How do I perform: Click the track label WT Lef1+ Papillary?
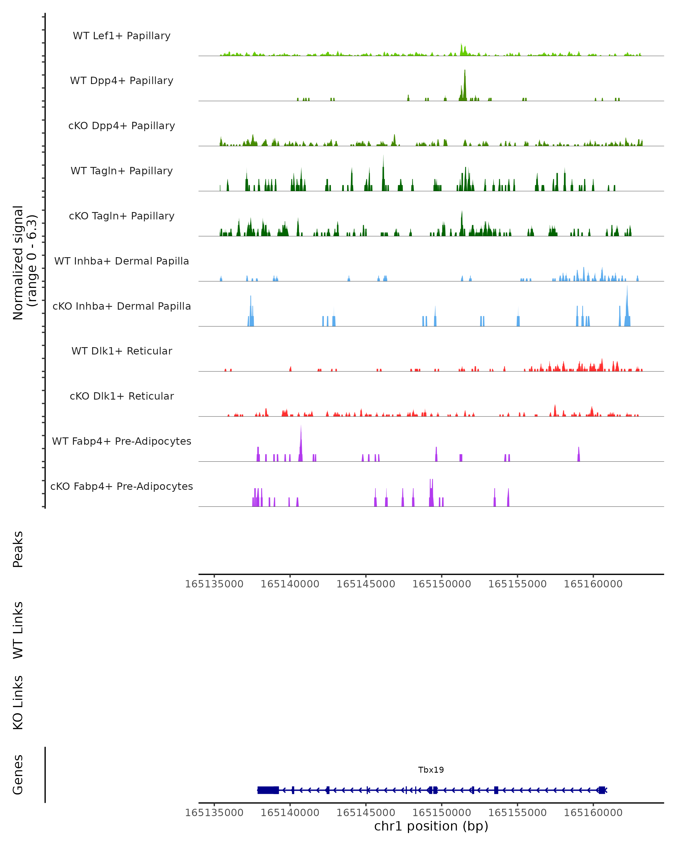(x=122, y=36)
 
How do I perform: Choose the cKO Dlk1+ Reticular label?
(x=122, y=396)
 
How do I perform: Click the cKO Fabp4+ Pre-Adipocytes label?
(x=122, y=486)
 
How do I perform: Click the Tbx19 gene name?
(x=431, y=770)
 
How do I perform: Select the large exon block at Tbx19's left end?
(x=268, y=790)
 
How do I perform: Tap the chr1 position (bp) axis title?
(x=431, y=826)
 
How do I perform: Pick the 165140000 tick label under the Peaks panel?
(x=290, y=584)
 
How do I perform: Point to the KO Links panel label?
(x=18, y=703)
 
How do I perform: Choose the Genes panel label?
(x=18, y=775)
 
